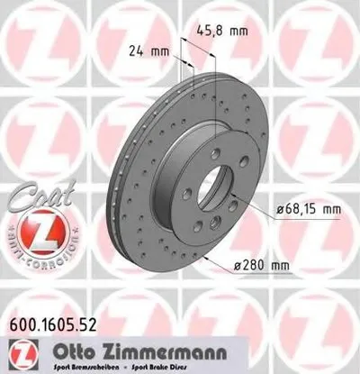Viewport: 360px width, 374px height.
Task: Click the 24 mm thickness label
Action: pyautogui.click(x=148, y=51)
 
